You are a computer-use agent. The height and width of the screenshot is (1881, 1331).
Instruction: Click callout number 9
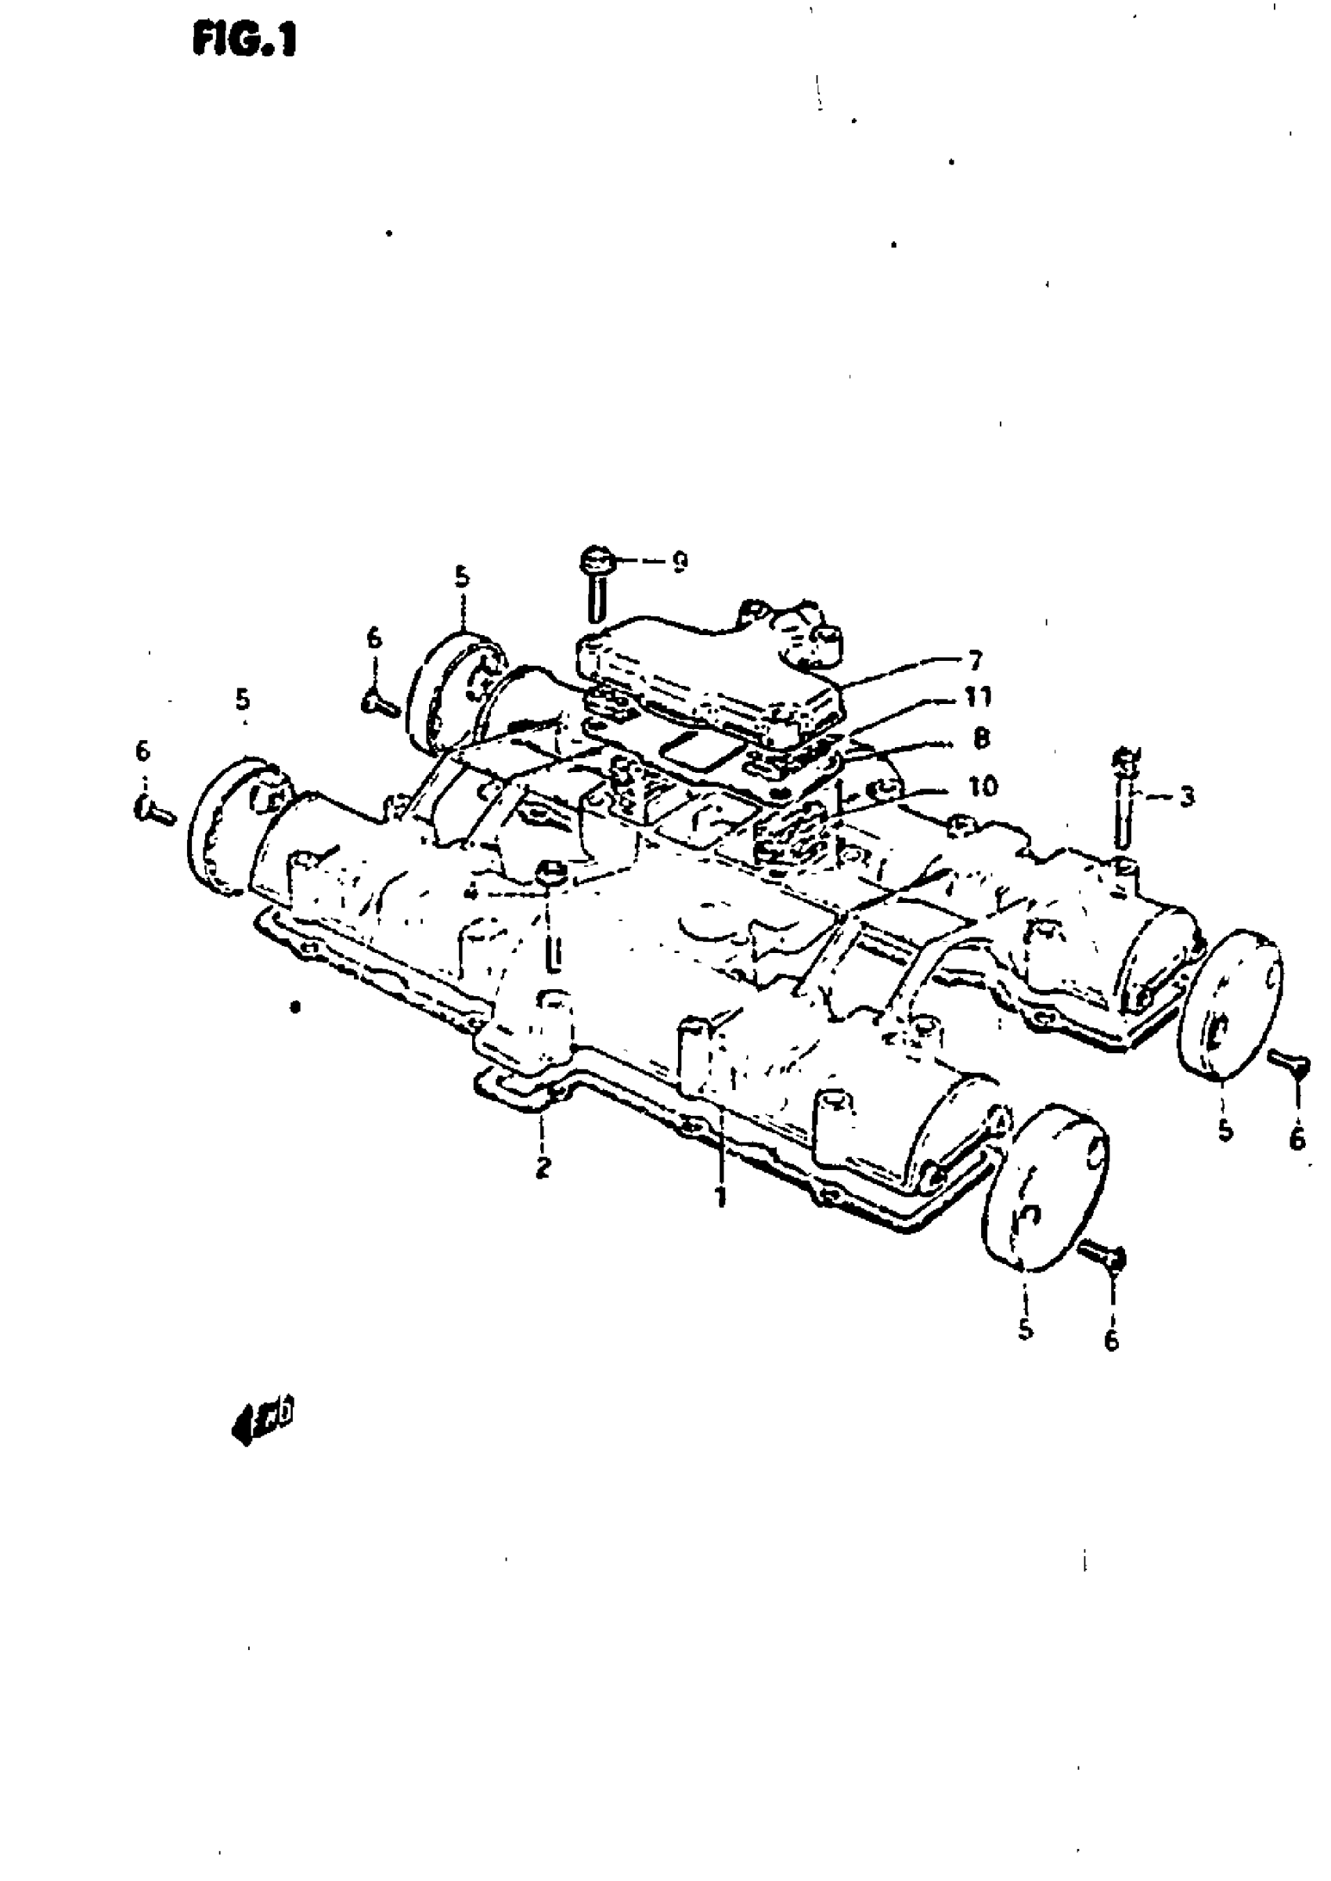click(680, 562)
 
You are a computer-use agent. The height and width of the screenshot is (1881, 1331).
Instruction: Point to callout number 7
click(976, 660)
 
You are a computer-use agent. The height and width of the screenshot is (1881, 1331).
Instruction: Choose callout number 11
click(976, 699)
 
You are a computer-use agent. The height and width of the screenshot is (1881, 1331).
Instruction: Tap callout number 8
click(981, 738)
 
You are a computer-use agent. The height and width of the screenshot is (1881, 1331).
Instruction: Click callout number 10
click(983, 787)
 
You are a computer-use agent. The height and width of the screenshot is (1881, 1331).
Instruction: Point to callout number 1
click(720, 1198)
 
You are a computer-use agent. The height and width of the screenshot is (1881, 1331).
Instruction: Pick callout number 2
click(543, 1167)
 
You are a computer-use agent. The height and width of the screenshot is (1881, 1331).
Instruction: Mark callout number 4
click(471, 891)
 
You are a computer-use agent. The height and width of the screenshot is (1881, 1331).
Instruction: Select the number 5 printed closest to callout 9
click(462, 577)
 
